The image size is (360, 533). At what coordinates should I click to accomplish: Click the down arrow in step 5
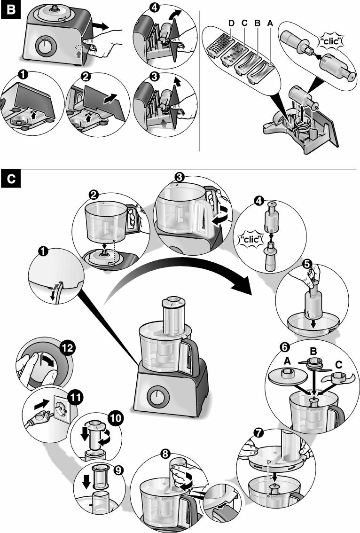313,323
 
